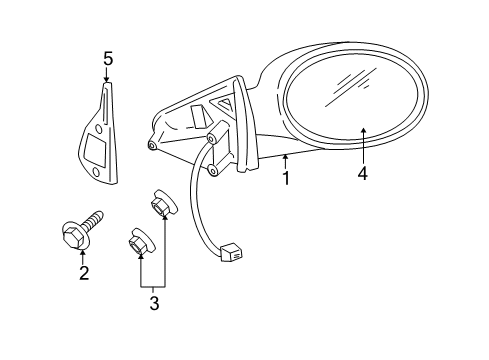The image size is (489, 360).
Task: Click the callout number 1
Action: [286, 179]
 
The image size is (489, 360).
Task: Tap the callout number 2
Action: [84, 272]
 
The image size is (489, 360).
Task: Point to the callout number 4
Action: [363, 173]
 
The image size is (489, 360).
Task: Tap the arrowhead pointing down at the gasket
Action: [107, 77]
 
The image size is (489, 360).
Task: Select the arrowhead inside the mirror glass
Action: [363, 131]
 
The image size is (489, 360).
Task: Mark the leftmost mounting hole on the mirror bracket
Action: [151, 145]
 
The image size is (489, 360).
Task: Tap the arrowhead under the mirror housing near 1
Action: [286, 158]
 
